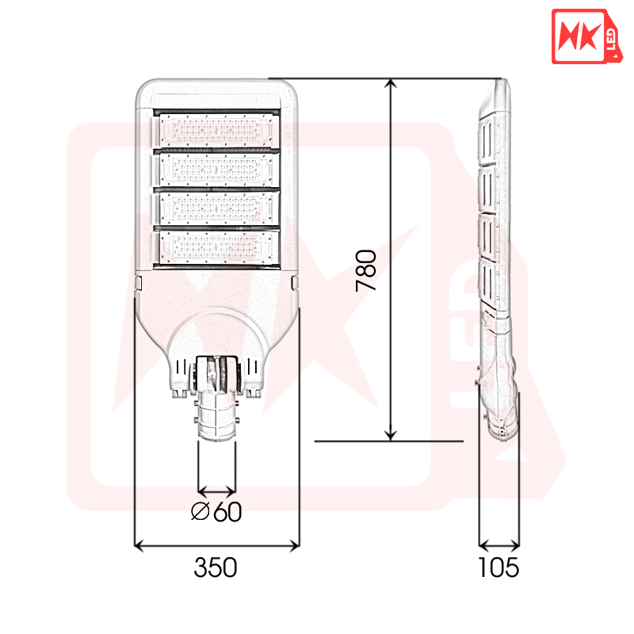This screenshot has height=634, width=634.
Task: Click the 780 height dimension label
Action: [x=366, y=270]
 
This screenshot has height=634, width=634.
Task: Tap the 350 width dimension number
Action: [x=215, y=567]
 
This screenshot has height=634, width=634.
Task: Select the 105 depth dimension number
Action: [x=498, y=567]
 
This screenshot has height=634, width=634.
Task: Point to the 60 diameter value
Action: [x=227, y=512]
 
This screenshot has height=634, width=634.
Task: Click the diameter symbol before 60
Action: [x=201, y=511]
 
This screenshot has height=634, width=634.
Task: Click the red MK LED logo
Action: [x=582, y=36]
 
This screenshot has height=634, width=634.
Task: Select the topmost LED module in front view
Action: [x=216, y=130]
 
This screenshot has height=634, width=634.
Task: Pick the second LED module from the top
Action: [x=217, y=169]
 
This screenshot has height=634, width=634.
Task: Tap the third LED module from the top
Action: [x=217, y=208]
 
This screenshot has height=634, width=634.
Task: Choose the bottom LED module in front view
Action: [x=217, y=247]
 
